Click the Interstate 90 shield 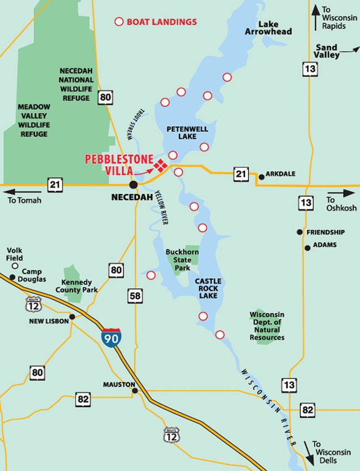pyautogui.click(x=112, y=337)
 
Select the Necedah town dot pyautogui.click(x=133, y=185)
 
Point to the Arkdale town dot pyautogui.click(x=261, y=177)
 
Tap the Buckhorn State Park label pyautogui.click(x=182, y=259)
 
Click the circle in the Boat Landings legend pyautogui.click(x=119, y=22)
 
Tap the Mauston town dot pyautogui.click(x=135, y=391)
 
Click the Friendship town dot pyautogui.click(x=300, y=232)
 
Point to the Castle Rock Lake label pyautogui.click(x=207, y=289)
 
